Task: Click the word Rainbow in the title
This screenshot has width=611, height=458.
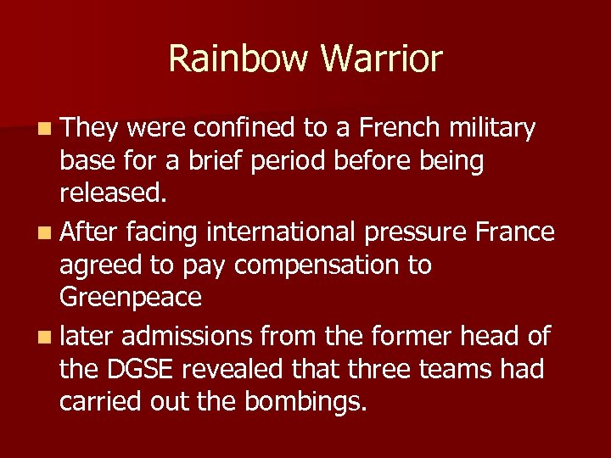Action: click(237, 59)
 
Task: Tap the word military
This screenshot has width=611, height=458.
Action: click(491, 130)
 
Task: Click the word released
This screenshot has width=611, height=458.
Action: click(113, 194)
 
